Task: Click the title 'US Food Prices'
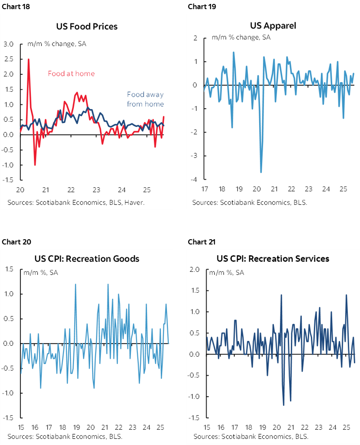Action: coord(87,27)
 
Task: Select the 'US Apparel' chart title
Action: coord(273,25)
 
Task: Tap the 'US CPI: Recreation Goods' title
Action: coord(87,259)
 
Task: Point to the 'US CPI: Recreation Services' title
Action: coord(273,259)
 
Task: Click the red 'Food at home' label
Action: coord(71,74)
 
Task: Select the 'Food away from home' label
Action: coord(145,99)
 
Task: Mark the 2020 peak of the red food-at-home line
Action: coord(29,59)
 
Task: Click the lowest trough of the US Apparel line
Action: coord(261,172)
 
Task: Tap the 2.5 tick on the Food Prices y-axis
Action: coord(9,59)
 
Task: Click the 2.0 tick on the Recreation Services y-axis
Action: coord(195,270)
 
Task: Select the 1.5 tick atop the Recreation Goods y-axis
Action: coord(9,270)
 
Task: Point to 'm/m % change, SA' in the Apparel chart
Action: coord(241,37)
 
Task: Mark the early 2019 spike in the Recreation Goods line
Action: coord(76,284)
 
